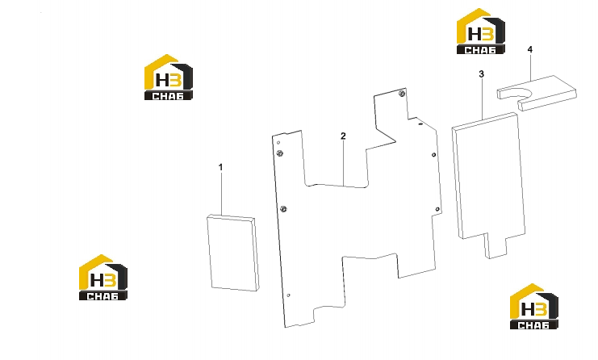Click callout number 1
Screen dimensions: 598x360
click(220, 167)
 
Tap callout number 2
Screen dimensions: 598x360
click(343, 136)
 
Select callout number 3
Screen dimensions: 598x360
click(481, 73)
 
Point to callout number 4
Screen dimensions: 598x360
click(530, 49)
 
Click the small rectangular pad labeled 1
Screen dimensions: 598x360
click(233, 253)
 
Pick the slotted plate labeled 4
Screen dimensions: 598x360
click(537, 93)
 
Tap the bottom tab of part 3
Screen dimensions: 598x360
click(496, 245)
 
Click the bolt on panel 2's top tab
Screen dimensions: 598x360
click(401, 94)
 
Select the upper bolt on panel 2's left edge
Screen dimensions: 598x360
click(279, 153)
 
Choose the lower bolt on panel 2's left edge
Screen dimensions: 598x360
click(283, 209)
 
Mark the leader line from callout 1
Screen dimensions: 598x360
click(221, 193)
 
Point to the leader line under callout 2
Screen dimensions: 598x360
click(343, 163)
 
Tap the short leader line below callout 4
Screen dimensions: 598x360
click(530, 67)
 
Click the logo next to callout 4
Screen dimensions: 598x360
click(481, 31)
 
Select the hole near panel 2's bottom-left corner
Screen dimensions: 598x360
click(288, 295)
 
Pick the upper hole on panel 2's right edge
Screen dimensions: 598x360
click(433, 155)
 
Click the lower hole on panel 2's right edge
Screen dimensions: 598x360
click(437, 209)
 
